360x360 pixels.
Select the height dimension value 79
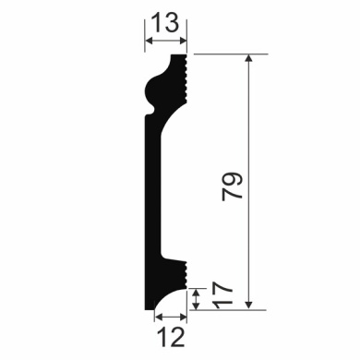point(234,186)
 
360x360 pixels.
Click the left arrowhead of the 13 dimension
point(148,42)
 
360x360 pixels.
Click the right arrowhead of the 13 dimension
point(184,42)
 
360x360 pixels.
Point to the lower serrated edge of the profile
point(185,274)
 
